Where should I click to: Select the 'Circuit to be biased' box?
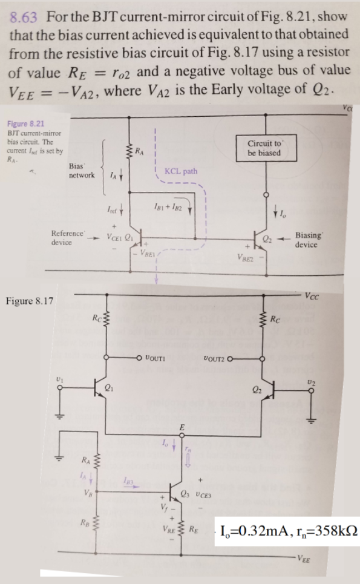point(265,148)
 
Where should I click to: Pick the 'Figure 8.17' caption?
point(27,300)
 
